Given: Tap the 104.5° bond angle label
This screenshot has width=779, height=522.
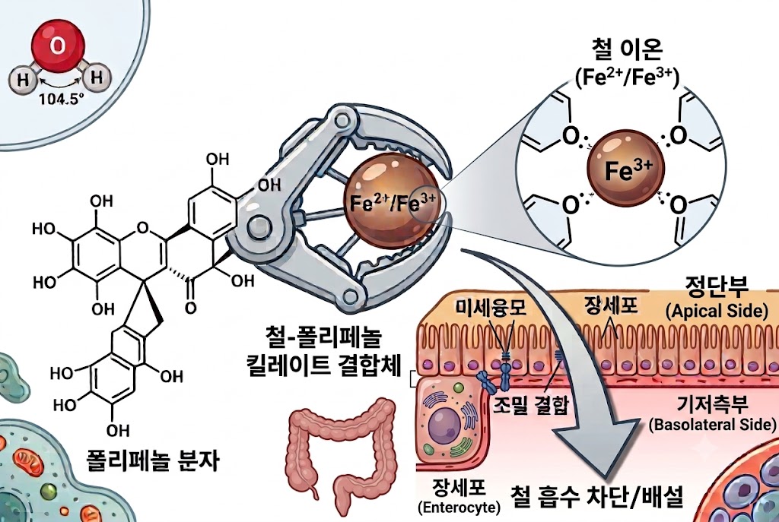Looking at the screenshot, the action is (62, 99).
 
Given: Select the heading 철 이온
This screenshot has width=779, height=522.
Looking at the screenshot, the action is (627, 52).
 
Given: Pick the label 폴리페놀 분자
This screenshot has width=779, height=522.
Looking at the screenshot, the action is (152, 460).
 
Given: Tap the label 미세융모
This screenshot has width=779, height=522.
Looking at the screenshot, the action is (490, 308).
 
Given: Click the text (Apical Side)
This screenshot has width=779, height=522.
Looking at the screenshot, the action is (715, 311).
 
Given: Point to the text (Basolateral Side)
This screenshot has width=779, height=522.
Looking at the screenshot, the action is (712, 425).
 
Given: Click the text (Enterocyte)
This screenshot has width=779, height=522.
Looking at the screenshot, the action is (459, 508).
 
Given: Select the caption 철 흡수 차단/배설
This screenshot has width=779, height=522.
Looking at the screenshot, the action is (596, 497).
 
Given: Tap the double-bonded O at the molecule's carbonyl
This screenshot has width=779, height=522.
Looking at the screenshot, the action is (190, 307).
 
